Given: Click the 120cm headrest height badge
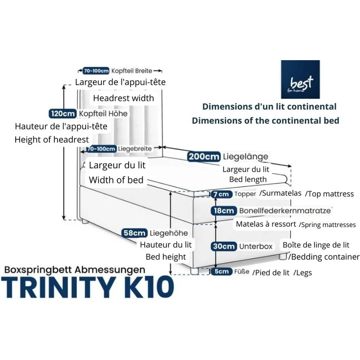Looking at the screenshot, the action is pyautogui.click(x=63, y=113).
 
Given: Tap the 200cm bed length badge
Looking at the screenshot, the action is pyautogui.click(x=204, y=157).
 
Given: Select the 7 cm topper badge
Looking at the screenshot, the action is pyautogui.click(x=221, y=194).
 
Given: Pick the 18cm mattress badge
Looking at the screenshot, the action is pyautogui.click(x=224, y=210).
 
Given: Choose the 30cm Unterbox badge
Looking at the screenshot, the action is pyautogui.click(x=224, y=246).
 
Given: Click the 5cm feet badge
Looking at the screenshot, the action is pyautogui.click(x=222, y=271).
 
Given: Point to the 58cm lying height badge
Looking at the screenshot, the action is pyautogui.click(x=135, y=233).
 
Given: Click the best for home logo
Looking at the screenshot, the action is pyautogui.click(x=300, y=79).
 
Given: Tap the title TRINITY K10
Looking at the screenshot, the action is pyautogui.click(x=88, y=287).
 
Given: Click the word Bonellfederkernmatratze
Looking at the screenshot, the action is pyautogui.click(x=285, y=210).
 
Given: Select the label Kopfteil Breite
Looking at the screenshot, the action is pyautogui.click(x=132, y=71).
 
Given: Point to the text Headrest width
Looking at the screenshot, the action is pyautogui.click(x=124, y=98).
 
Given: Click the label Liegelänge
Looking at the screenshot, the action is pyautogui.click(x=246, y=157).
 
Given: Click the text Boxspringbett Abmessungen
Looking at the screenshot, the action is pyautogui.click(x=75, y=270).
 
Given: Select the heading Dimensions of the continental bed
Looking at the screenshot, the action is pyautogui.click(x=266, y=120).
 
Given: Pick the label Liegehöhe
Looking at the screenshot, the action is pyautogui.click(x=169, y=233).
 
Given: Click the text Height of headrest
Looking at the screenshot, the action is pyautogui.click(x=52, y=139).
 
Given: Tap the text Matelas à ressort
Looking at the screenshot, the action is pyautogui.click(x=266, y=224).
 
